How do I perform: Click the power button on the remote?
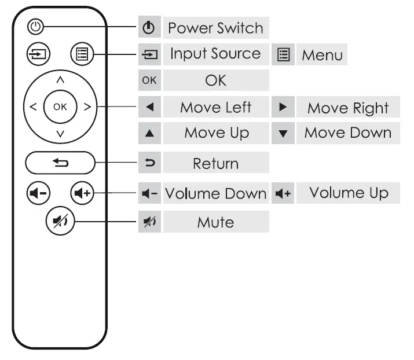[36, 27]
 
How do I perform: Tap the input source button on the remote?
[39, 55]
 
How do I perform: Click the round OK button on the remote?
[60, 106]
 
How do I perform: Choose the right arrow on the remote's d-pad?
[87, 106]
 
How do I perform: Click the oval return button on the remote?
[60, 163]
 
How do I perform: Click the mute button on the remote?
[60, 222]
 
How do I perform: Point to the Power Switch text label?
[215, 28]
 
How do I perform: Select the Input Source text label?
[215, 54]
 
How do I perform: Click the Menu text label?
[322, 56]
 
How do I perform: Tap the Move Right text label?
[348, 108]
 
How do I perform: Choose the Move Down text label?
[348, 133]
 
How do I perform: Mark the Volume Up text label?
[348, 193]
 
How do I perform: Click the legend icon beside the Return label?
[149, 164]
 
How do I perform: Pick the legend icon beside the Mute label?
[149, 222]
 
